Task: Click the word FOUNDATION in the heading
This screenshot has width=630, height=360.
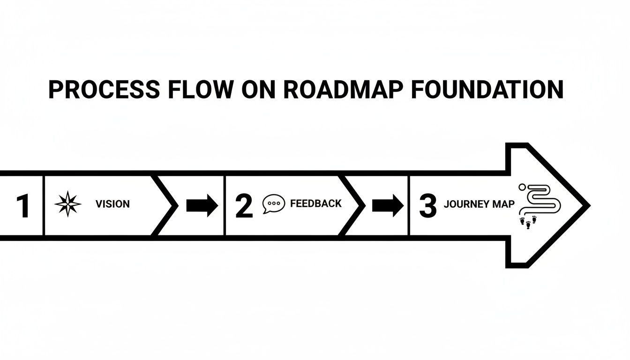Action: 487,90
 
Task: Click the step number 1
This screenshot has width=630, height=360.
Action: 22,206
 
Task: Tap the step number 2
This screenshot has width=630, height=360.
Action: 244,206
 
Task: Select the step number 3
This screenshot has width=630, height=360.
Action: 427,206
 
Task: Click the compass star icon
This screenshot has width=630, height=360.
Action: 68,204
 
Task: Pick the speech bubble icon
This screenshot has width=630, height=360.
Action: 274,204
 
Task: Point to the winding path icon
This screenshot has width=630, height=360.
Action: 541,199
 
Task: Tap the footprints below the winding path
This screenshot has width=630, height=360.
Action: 528,222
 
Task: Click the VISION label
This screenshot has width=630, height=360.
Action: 112,204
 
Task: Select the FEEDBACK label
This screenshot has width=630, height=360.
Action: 316,203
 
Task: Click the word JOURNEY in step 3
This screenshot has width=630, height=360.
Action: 467,204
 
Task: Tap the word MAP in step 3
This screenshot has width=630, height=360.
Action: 503,204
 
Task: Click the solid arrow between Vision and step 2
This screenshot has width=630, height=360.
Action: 202,205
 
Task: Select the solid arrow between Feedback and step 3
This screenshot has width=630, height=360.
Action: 388,205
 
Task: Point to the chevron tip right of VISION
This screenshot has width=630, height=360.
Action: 175,205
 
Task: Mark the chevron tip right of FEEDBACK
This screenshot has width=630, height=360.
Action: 361,205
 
